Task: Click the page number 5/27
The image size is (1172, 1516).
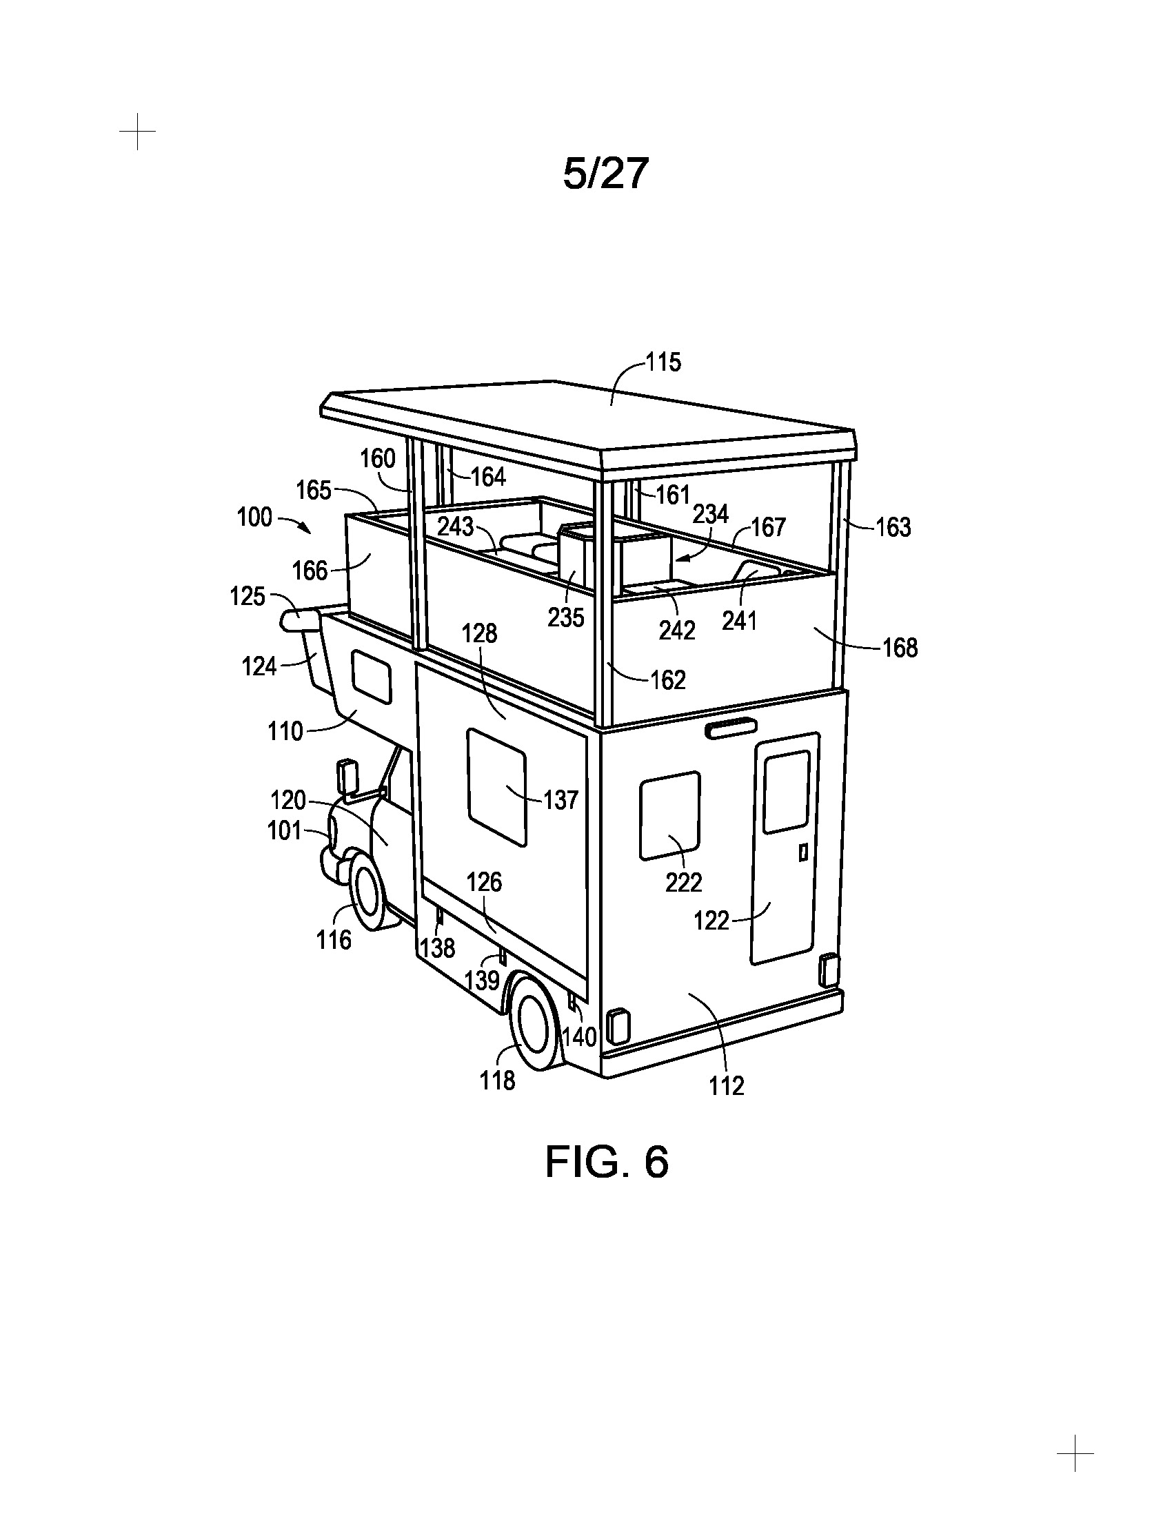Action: pyautogui.click(x=605, y=174)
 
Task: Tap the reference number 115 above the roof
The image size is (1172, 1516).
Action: pyautogui.click(x=664, y=362)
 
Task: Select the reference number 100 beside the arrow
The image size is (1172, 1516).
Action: pyautogui.click(x=255, y=518)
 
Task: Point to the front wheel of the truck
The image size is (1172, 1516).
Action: pyautogui.click(x=368, y=892)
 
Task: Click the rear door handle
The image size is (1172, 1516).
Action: pyautogui.click(x=803, y=852)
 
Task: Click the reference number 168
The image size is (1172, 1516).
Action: pyautogui.click(x=900, y=648)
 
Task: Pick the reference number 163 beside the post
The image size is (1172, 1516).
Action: pyautogui.click(x=893, y=528)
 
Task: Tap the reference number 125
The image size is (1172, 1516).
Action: pyautogui.click(x=248, y=596)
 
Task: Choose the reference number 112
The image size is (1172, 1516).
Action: pyautogui.click(x=726, y=1085)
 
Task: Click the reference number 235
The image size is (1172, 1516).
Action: pyautogui.click(x=566, y=617)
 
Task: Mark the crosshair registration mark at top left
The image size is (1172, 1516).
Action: pyautogui.click(x=137, y=131)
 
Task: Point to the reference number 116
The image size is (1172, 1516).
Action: pyautogui.click(x=334, y=940)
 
